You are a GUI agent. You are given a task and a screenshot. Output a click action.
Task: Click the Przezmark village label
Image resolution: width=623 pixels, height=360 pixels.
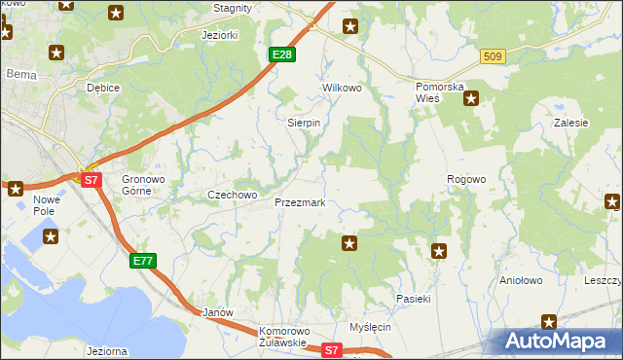point(306,203)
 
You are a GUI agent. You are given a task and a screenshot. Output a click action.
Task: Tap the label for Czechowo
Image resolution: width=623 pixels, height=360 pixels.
point(232,195)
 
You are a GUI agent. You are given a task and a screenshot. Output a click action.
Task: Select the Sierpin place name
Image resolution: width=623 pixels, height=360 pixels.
point(304,124)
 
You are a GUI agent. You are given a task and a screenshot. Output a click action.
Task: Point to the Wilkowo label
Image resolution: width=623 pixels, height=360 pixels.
point(342,88)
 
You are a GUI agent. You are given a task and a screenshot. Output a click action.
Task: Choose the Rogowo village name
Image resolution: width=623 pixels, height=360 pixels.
point(465,179)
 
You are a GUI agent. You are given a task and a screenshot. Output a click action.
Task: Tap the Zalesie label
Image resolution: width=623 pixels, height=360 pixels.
point(570,124)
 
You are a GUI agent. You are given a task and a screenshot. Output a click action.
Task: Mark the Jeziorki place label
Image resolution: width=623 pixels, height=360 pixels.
point(219,35)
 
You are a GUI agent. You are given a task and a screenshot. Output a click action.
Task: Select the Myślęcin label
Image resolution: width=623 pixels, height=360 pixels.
point(370,327)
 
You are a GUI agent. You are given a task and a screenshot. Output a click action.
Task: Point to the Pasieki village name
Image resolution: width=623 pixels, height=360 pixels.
point(413,299)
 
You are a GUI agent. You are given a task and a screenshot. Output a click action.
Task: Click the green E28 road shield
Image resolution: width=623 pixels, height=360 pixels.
point(281,54)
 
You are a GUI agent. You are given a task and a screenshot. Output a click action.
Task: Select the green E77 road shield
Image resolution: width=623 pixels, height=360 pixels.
point(143,261)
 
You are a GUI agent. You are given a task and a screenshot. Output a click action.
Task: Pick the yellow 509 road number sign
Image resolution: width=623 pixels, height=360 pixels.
point(492,57)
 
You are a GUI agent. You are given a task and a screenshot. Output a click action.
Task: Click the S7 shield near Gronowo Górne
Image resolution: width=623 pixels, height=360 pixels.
point(91,180)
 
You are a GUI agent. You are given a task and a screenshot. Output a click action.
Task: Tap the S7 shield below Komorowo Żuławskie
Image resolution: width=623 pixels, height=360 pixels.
point(332,349)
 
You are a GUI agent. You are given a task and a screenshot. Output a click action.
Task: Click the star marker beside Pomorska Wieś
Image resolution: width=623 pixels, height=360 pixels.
point(471,97)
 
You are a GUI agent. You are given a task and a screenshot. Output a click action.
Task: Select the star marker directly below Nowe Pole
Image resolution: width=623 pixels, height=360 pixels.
point(51,235)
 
